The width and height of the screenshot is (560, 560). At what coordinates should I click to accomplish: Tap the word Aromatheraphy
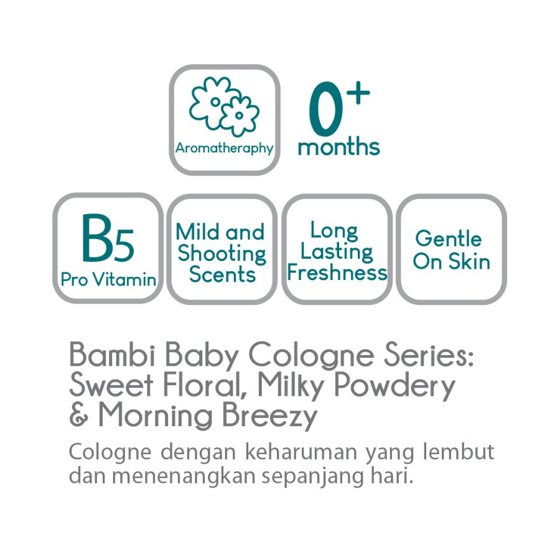tap(224, 148)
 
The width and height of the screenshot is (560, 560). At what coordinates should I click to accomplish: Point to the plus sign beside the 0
tap(358, 93)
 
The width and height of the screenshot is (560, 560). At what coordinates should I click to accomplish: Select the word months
tap(338, 147)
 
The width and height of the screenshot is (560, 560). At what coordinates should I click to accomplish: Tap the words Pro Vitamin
tap(108, 280)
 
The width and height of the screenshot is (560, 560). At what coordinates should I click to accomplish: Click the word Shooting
tap(222, 254)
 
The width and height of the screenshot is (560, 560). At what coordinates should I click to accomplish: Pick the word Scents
tap(222, 274)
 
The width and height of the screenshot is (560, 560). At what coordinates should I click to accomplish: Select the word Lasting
tap(337, 252)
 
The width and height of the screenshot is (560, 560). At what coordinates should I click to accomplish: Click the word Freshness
tap(337, 273)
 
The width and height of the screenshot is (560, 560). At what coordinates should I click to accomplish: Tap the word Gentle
tap(448, 240)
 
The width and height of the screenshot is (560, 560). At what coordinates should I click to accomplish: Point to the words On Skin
tap(451, 262)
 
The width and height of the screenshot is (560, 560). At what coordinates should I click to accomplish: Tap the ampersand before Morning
tap(78, 416)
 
